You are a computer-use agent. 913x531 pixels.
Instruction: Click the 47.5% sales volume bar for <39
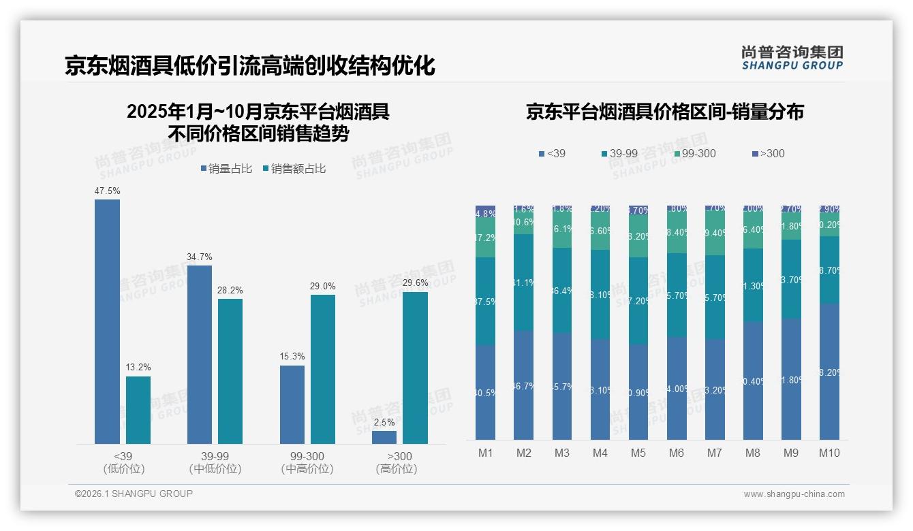[107, 321]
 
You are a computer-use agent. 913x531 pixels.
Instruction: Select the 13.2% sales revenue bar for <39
[138, 410]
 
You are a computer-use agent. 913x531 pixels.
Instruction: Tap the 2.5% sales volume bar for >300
[384, 437]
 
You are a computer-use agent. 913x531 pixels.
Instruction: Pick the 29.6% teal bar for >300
[415, 368]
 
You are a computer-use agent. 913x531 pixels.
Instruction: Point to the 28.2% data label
[230, 290]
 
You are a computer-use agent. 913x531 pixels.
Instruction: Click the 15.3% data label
[292, 356]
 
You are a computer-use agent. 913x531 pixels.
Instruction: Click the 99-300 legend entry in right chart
[695, 154]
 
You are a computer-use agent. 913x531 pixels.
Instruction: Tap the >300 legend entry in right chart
[769, 154]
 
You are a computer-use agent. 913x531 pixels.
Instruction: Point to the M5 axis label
[638, 453]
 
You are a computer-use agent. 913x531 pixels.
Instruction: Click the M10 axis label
[829, 453]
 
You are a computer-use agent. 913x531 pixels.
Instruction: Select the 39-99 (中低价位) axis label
[215, 462]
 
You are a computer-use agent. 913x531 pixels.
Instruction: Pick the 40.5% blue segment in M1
[486, 392]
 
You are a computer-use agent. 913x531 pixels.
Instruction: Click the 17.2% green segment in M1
[486, 238]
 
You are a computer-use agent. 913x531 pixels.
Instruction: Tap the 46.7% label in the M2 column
[524, 386]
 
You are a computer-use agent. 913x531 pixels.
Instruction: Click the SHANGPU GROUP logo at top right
[792, 58]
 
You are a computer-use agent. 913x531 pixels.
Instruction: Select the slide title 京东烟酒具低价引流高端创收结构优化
[249, 66]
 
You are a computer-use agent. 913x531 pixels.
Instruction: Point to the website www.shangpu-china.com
[794, 494]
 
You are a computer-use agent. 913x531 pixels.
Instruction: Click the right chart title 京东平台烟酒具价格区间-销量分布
[664, 112]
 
